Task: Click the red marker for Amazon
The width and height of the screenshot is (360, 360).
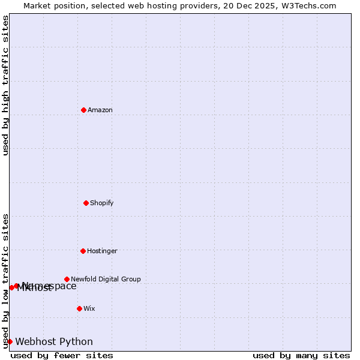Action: (83, 110)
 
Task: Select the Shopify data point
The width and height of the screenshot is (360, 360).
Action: (86, 203)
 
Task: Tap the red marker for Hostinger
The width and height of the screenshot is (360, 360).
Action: (83, 251)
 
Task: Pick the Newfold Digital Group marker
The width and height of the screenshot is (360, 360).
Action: (67, 279)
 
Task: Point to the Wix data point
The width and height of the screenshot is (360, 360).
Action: (79, 308)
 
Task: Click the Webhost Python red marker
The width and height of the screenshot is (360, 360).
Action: (10, 341)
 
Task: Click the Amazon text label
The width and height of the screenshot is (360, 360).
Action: (100, 110)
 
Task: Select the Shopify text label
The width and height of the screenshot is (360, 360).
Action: (102, 203)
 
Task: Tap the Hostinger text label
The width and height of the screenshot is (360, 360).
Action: (103, 251)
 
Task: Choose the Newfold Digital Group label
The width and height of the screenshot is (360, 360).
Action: (106, 279)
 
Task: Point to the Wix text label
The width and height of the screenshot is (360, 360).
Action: (89, 308)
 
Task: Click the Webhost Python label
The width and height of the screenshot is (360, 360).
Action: (54, 342)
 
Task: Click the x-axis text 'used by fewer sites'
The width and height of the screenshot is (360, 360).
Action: (62, 355)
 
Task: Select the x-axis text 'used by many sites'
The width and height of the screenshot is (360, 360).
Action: (301, 355)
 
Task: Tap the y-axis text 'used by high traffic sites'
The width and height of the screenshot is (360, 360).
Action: (6, 85)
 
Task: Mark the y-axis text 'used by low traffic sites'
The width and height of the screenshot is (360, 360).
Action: (6, 281)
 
